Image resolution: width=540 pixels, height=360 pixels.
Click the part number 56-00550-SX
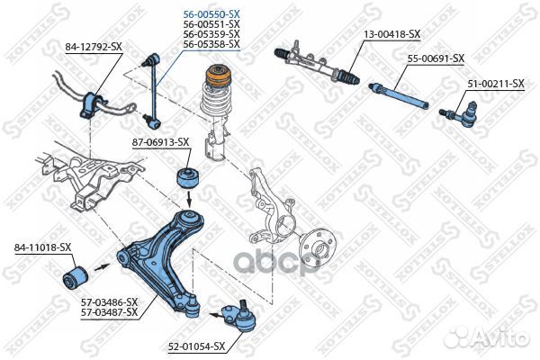point(211,14)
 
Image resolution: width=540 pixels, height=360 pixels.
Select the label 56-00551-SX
point(211,24)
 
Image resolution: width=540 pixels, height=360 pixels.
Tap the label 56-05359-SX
point(211,34)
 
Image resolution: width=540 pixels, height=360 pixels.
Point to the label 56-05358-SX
point(211,43)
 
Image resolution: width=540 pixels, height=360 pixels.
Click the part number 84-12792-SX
point(93,45)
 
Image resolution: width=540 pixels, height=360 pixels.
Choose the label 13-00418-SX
point(391,33)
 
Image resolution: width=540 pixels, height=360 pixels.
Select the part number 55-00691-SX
point(436,58)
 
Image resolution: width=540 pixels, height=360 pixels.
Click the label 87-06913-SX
point(160,141)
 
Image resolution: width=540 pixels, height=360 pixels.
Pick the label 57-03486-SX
point(109,301)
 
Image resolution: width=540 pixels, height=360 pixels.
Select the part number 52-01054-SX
point(194,345)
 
